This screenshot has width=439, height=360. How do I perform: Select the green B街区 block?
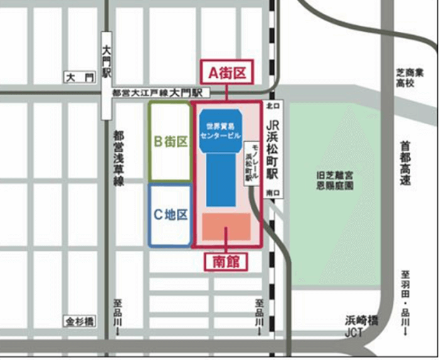coord(170,141)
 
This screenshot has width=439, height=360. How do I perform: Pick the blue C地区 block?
coord(170,214)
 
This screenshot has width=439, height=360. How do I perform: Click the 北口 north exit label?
coord(272,105)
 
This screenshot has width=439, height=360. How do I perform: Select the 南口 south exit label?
coord(272,193)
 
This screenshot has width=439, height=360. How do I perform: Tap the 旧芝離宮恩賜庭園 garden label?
coord(336,181)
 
